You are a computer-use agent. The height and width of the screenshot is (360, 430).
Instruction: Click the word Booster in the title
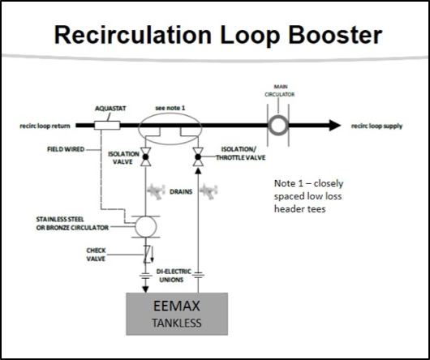pos(335,35)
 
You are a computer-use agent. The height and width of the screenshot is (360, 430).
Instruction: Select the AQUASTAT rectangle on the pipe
pos(107,126)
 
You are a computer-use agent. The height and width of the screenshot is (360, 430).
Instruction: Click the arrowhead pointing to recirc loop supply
pos(335,126)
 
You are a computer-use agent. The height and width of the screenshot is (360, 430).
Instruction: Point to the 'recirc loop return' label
pos(45,126)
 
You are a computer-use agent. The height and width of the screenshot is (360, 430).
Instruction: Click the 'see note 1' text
pos(170,108)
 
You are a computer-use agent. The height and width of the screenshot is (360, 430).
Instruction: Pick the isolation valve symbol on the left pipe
pos(145,156)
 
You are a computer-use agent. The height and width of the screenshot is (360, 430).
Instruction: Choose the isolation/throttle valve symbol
pos(198,156)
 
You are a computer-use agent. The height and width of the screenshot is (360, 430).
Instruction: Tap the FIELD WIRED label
pos(66,149)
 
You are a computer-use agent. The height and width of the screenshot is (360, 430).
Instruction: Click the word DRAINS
pos(181,192)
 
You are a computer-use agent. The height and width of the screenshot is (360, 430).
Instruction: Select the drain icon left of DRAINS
pos(157,191)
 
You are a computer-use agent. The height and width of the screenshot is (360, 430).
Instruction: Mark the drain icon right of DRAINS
pos(209,191)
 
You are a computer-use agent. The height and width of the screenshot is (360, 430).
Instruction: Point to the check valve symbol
pos(148,255)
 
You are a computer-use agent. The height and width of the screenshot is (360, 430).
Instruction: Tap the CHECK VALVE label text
pos(96,255)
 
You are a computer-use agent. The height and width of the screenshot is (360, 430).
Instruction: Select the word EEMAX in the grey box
pos(177,306)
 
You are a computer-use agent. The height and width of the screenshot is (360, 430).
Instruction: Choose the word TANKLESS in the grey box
pos(177,324)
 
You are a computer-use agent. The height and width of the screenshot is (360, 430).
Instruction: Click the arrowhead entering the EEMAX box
pos(145,289)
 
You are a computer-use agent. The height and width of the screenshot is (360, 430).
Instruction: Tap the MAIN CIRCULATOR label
pos(279,91)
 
